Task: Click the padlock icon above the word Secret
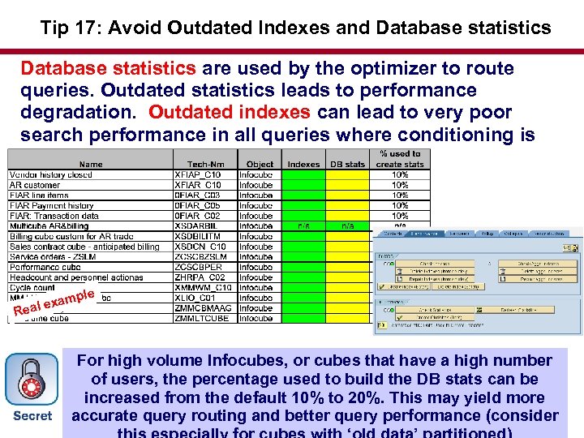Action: [x=31, y=380]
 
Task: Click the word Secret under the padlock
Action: [x=32, y=416]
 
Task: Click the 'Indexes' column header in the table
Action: [x=303, y=164]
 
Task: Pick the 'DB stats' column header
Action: [x=347, y=164]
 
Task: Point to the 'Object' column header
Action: [x=260, y=164]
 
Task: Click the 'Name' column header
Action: [x=91, y=164]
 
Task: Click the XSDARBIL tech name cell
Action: [x=198, y=226]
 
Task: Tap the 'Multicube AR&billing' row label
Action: [x=49, y=226]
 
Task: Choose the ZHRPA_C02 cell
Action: [x=200, y=277]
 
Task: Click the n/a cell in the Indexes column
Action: [x=303, y=226]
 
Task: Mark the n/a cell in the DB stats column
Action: [x=347, y=226]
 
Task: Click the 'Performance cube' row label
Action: [x=45, y=267]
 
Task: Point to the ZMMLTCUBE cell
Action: [x=202, y=319]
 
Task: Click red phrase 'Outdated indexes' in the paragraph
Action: [x=229, y=112]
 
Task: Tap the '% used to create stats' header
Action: [x=399, y=159]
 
